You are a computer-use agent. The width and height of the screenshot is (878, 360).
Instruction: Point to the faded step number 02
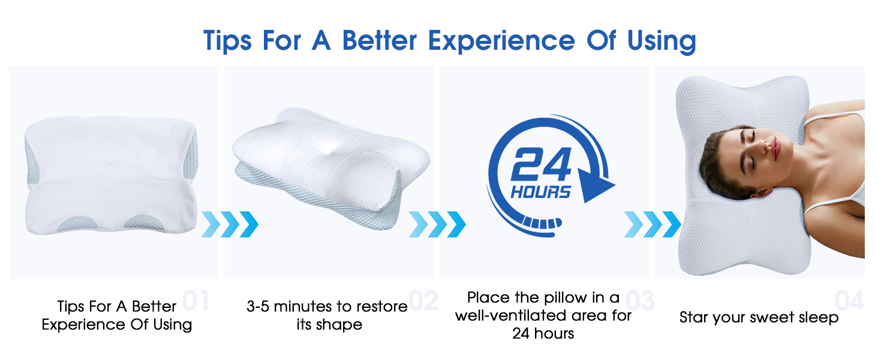click(x=423, y=301)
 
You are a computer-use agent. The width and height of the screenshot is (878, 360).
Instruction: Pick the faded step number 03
click(x=639, y=301)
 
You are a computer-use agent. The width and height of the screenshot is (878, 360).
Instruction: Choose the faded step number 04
click(x=849, y=301)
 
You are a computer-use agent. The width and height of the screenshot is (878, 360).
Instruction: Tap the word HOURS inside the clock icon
click(x=540, y=193)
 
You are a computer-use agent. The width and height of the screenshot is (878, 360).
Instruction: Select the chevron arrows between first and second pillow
click(x=230, y=224)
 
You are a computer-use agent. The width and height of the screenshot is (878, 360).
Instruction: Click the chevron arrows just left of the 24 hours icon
click(x=437, y=224)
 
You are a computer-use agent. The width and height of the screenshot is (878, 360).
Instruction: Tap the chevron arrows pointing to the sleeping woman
click(x=653, y=224)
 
